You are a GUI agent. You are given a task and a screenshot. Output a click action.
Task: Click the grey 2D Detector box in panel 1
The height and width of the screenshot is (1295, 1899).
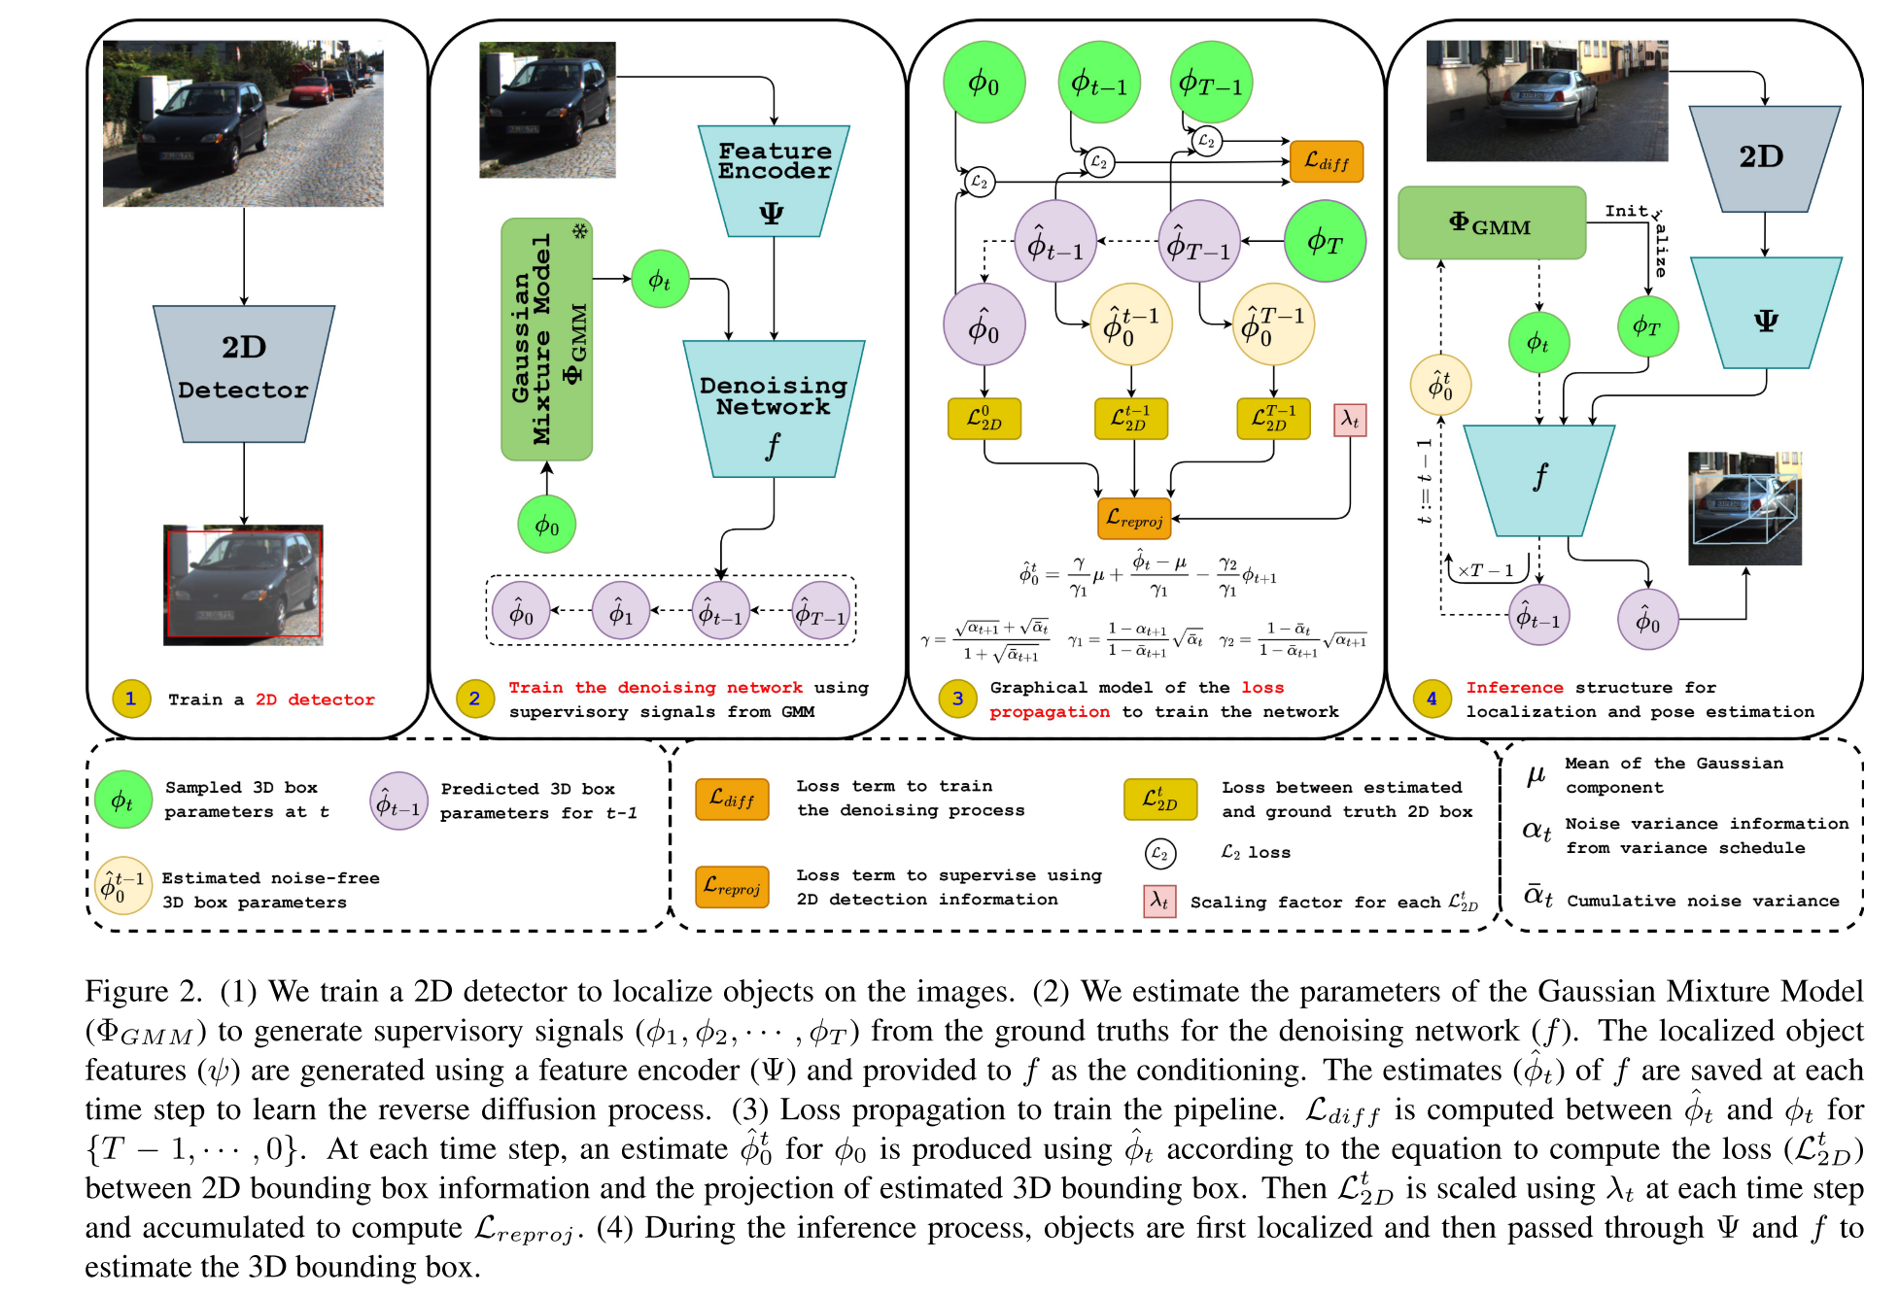[x=243, y=374]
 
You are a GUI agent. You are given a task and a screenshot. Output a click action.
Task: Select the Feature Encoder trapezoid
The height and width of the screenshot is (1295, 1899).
[x=774, y=181]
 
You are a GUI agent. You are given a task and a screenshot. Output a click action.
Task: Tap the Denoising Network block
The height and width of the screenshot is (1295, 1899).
[x=774, y=408]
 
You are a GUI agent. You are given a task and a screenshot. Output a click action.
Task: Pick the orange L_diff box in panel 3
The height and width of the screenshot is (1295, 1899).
[x=1326, y=161]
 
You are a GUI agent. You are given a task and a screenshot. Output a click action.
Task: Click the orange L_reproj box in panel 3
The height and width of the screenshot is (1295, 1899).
[x=1133, y=518]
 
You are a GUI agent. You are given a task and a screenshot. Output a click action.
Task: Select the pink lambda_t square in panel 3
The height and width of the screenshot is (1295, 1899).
[x=1349, y=420]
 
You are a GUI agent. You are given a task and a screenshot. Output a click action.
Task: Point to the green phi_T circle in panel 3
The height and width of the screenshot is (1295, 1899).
[x=1324, y=241]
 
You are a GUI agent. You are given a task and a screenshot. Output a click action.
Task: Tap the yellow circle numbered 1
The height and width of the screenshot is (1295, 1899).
[x=131, y=699]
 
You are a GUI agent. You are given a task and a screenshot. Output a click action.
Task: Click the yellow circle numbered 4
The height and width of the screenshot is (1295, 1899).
[x=1432, y=699]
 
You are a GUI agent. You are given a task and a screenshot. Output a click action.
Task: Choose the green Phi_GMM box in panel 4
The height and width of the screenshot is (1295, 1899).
[x=1491, y=223]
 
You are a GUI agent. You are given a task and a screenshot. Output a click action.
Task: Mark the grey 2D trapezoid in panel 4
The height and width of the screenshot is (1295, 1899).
[x=1763, y=158]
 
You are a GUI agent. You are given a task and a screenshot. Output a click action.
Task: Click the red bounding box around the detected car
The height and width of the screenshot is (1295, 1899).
[x=243, y=583]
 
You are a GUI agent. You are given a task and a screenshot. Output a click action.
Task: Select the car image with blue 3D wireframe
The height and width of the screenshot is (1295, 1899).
[x=1744, y=508]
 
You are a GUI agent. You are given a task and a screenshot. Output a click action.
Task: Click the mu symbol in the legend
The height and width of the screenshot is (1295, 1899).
[x=1536, y=774]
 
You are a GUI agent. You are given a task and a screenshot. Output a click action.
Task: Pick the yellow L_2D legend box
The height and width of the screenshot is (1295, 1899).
[x=1160, y=799]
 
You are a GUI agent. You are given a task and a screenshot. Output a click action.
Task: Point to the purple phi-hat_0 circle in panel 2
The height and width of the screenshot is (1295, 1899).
[x=521, y=612]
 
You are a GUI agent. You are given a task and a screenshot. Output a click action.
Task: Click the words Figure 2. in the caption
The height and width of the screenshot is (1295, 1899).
[x=142, y=991]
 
